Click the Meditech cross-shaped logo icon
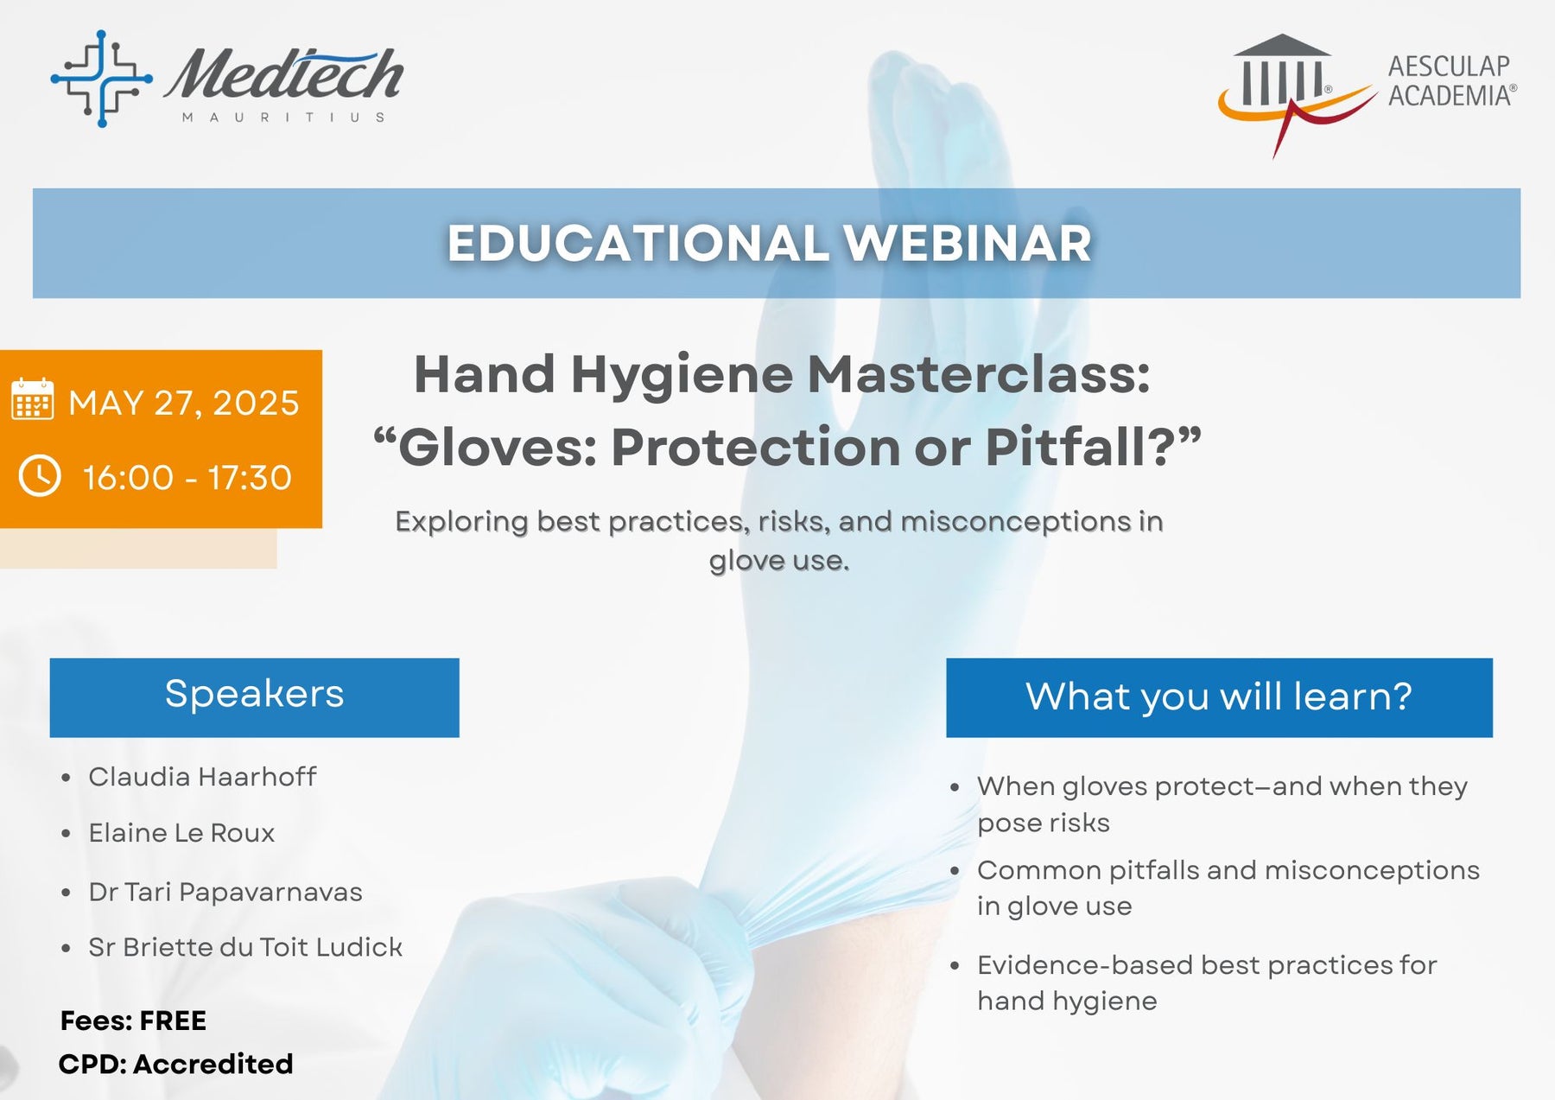pyautogui.click(x=102, y=79)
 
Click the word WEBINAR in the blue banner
pyautogui.click(x=968, y=243)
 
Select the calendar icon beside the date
pyautogui.click(x=33, y=399)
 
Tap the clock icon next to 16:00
pyautogui.click(x=40, y=476)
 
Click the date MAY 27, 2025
pyautogui.click(x=184, y=403)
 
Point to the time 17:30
pyautogui.click(x=250, y=477)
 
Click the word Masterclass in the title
pyautogui.click(x=979, y=375)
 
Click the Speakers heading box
pyautogui.click(x=254, y=697)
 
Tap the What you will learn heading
pyautogui.click(x=1219, y=697)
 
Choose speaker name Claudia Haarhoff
pyautogui.click(x=202, y=777)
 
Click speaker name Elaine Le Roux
pyautogui.click(x=181, y=833)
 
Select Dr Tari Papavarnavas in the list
pyautogui.click(x=225, y=892)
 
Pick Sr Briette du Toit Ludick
pyautogui.click(x=245, y=947)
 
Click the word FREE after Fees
pyautogui.click(x=173, y=1021)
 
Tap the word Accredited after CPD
pyautogui.click(x=213, y=1064)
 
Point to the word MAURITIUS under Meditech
pyautogui.click(x=283, y=118)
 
